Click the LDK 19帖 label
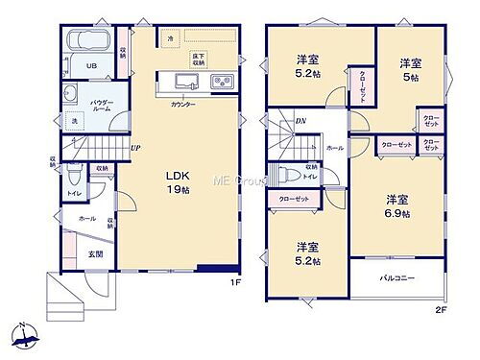coord(176,182)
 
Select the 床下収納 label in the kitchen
coord(199,60)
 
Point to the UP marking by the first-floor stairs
coord(135,149)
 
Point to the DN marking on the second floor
coord(300,121)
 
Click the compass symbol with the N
coord(25,335)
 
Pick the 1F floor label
coord(234,283)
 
